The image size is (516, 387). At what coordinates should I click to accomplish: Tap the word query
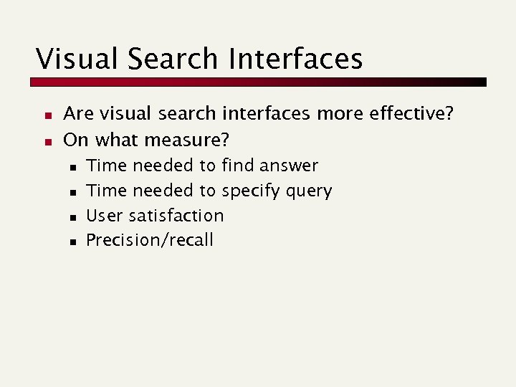[307, 191]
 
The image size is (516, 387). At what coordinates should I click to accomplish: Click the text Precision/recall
[150, 239]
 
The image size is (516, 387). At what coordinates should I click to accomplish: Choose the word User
[105, 215]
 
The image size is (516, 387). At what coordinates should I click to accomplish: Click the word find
[237, 166]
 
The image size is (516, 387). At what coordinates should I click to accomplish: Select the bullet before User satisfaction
[73, 216]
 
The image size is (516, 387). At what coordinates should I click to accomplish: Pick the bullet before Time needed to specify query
[73, 192]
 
